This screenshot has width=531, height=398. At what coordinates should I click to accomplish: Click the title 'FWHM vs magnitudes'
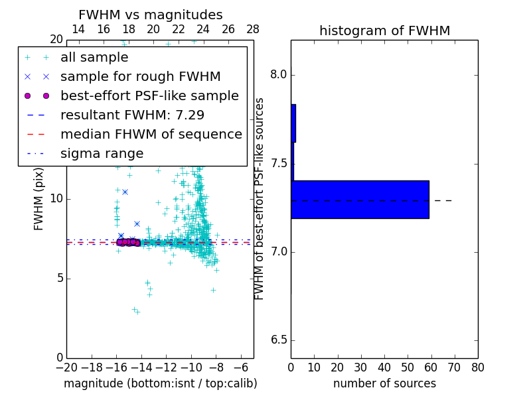point(151,15)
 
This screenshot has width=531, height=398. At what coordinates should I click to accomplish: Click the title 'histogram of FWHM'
point(384,31)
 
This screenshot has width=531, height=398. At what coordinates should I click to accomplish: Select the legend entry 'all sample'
point(94,58)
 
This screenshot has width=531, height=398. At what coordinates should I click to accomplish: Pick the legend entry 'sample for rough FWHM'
point(140,77)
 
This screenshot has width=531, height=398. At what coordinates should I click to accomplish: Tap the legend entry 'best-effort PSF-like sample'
point(149,96)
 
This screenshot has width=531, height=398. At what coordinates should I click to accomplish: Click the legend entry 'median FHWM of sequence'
point(151,135)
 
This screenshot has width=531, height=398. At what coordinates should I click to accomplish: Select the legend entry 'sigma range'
point(102,154)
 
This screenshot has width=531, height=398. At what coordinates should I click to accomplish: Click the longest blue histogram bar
point(360,199)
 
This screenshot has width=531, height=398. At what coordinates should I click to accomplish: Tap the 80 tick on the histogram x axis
point(477,367)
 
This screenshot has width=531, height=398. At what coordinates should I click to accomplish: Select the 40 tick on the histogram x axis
point(384,367)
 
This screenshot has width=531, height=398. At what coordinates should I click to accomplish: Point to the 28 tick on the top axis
point(253,29)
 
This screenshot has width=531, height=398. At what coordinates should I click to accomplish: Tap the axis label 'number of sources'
point(384,383)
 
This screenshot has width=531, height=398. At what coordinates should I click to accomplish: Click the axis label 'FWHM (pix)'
point(39,199)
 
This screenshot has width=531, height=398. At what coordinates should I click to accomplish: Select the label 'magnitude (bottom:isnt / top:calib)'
point(160,383)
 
